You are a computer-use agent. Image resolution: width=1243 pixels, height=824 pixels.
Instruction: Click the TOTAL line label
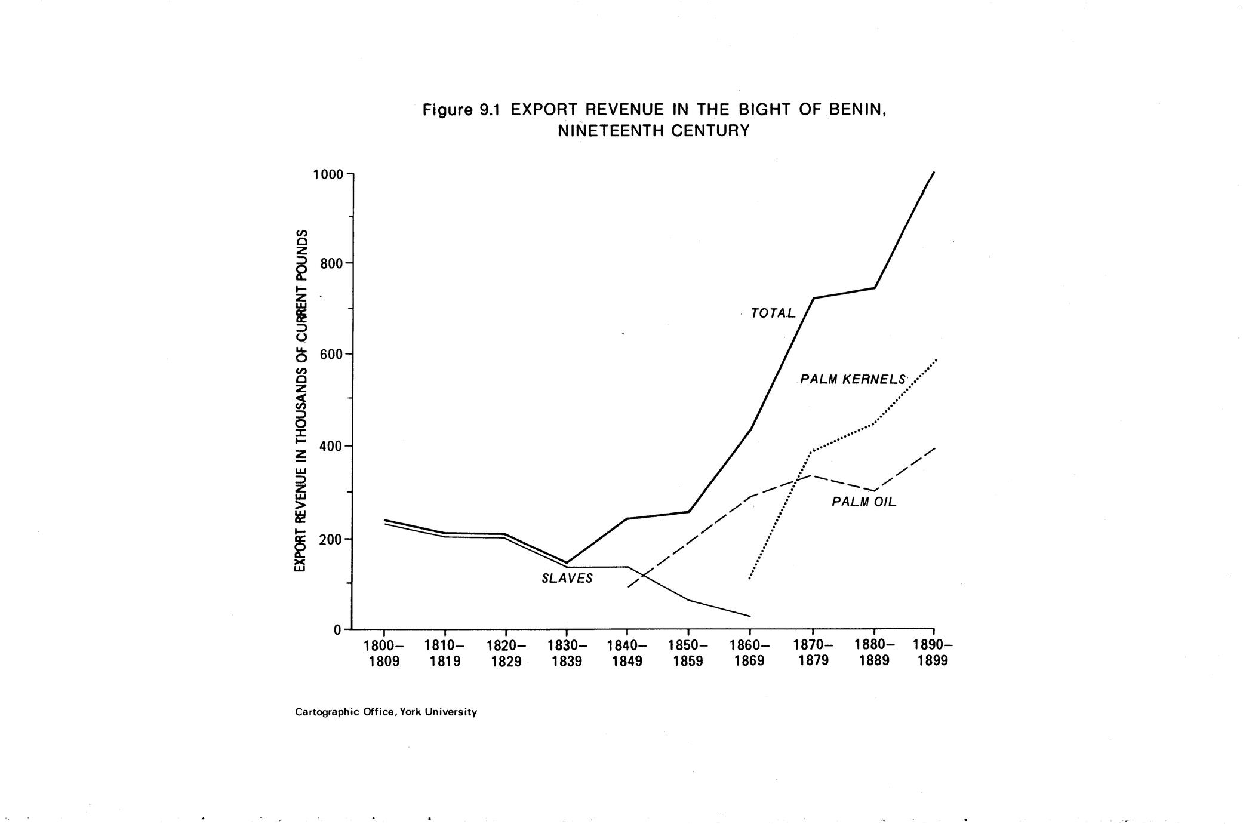pyautogui.click(x=773, y=313)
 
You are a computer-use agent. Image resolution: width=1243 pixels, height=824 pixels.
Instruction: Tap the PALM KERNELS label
pyautogui.click(x=853, y=379)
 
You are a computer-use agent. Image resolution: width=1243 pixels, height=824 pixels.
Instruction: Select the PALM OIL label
pyautogui.click(x=864, y=502)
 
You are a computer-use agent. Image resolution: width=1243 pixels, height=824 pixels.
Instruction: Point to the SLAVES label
pyautogui.click(x=567, y=579)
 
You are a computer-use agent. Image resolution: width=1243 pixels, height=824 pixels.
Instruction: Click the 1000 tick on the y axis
pyautogui.click(x=328, y=174)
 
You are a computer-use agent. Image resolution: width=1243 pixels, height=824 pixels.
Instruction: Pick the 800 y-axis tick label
pyautogui.click(x=333, y=263)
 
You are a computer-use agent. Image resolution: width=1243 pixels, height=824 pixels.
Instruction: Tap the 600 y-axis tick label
pyautogui.click(x=333, y=355)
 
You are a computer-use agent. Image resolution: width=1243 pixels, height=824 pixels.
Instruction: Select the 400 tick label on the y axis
pyautogui.click(x=333, y=447)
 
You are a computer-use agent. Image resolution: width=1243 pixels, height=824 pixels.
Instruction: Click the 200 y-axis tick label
pyautogui.click(x=333, y=539)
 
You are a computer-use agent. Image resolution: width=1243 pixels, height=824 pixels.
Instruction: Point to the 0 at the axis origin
pyautogui.click(x=338, y=629)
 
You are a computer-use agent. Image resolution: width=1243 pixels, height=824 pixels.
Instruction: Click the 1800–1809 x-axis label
pyautogui.click(x=384, y=653)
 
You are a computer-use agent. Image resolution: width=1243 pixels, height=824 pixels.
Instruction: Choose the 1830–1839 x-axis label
pyautogui.click(x=567, y=653)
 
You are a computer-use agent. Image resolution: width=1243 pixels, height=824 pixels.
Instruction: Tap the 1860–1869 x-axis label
pyautogui.click(x=749, y=653)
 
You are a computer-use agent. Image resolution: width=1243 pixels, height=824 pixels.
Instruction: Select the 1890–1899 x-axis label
pyautogui.click(x=933, y=653)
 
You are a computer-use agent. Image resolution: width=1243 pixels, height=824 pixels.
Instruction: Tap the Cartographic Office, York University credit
pyautogui.click(x=386, y=712)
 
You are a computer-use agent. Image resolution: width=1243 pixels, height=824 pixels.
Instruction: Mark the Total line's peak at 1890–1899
pyautogui.click(x=934, y=173)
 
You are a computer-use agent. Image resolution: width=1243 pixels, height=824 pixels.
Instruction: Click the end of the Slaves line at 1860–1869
pyautogui.click(x=749, y=616)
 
